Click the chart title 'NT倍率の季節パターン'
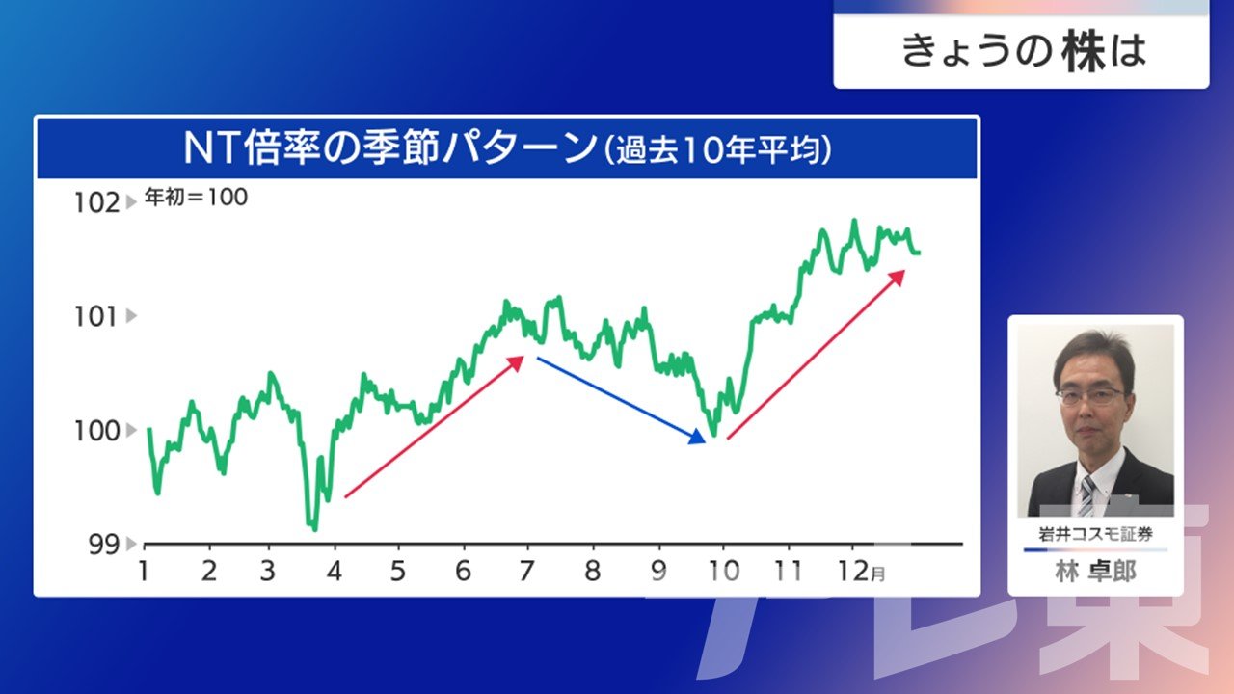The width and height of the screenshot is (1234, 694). (390, 148)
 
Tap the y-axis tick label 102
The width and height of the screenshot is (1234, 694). (97, 202)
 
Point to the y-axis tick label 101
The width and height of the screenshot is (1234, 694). (95, 317)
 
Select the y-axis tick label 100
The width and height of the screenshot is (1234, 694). (97, 431)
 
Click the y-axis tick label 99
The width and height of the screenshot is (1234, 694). (104, 545)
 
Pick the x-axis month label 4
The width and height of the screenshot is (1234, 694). (334, 571)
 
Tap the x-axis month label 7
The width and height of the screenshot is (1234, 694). (526, 571)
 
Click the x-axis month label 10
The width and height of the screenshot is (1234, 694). (723, 571)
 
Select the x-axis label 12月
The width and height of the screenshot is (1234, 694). (862, 572)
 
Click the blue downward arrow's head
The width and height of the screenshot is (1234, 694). (697, 438)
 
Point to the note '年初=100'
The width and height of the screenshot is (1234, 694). (196, 197)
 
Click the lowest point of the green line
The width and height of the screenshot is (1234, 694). (314, 530)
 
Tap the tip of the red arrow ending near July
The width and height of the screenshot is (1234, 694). (523, 357)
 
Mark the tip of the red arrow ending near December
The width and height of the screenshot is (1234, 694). (905, 271)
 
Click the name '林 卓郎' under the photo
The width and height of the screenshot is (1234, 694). (1095, 572)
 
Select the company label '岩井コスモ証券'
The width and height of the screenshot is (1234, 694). (1095, 534)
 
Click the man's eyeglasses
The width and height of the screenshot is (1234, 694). (1089, 396)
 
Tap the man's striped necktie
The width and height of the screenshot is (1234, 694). (1086, 495)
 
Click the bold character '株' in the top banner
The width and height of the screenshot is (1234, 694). (1085, 52)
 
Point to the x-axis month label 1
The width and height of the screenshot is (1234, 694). (144, 571)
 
